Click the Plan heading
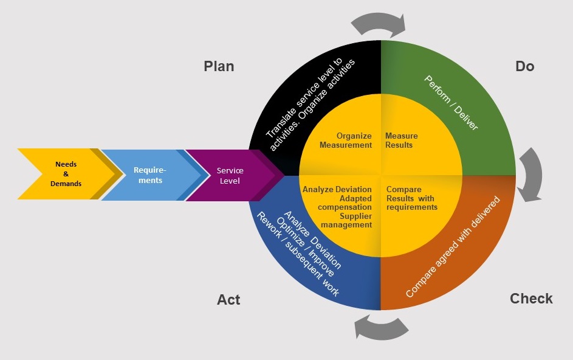tap(219, 66)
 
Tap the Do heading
tap(524, 66)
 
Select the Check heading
tap(531, 299)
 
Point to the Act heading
tap(228, 300)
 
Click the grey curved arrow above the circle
tap(378, 23)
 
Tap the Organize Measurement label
tap(346, 140)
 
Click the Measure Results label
tap(401, 140)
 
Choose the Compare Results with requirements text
tap(411, 198)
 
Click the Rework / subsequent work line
tap(297, 255)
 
